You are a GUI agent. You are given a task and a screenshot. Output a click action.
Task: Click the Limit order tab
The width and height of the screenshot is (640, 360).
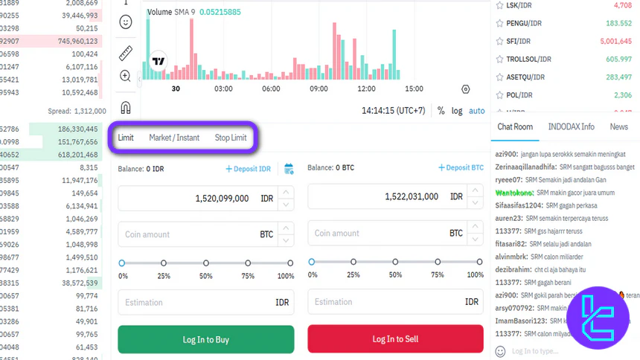(x=126, y=138)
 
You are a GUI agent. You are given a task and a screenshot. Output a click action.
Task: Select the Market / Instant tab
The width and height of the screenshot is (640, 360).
(x=174, y=138)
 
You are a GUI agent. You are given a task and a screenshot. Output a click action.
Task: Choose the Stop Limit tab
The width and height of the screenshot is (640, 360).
(x=231, y=138)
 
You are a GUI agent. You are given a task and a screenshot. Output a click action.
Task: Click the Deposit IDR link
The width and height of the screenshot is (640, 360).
(x=249, y=169)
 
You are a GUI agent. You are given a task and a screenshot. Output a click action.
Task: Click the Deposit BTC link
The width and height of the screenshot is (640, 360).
(x=461, y=168)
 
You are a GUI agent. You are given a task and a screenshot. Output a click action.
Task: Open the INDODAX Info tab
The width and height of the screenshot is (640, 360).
(x=571, y=126)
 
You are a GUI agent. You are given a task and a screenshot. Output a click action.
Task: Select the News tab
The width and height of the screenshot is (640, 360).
(x=618, y=126)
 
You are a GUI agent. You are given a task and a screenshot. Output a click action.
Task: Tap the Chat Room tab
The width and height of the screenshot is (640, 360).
(x=515, y=126)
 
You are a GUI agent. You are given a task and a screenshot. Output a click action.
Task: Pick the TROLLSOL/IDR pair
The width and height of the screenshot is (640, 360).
(x=528, y=59)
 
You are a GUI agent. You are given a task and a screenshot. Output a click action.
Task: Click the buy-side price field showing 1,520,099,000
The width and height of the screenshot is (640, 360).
(x=197, y=199)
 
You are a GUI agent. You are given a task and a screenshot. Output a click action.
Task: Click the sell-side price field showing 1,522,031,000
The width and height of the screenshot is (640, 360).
(x=387, y=197)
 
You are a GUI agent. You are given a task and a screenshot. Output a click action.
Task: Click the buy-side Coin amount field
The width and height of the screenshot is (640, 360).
(x=190, y=234)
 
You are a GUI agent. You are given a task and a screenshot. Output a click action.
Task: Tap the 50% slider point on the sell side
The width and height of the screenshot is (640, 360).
(x=395, y=262)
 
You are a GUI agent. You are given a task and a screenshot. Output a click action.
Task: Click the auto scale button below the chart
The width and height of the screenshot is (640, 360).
(x=477, y=111)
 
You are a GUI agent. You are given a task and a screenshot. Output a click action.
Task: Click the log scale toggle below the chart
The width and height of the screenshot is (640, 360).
(x=457, y=111)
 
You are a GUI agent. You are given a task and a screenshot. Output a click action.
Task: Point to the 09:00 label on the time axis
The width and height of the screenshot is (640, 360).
(x=319, y=89)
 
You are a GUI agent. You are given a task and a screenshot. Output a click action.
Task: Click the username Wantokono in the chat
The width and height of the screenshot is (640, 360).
(x=514, y=193)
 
